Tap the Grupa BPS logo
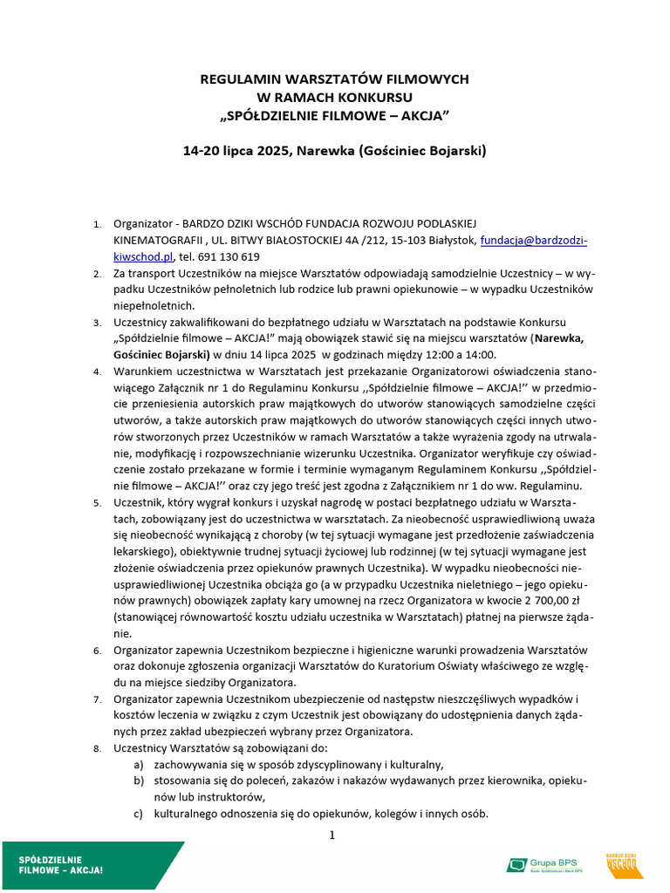(x=547, y=865)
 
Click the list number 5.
(x=97, y=503)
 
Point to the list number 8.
(x=97, y=748)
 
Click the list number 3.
(x=97, y=323)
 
